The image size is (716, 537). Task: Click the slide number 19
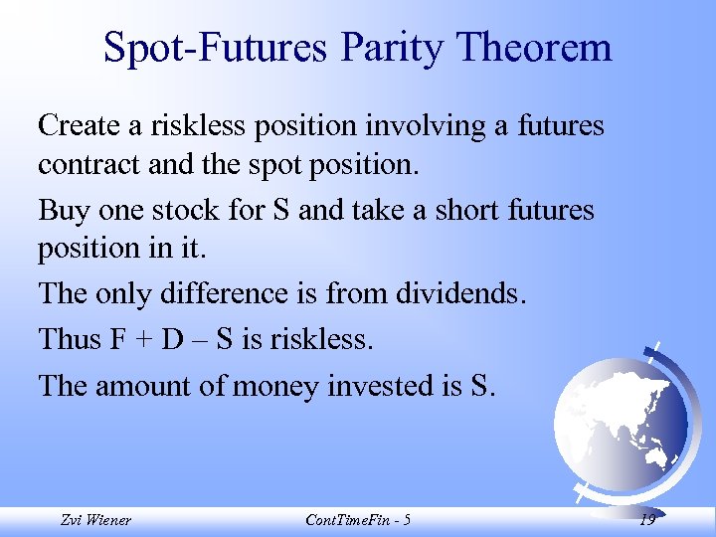(x=647, y=520)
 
